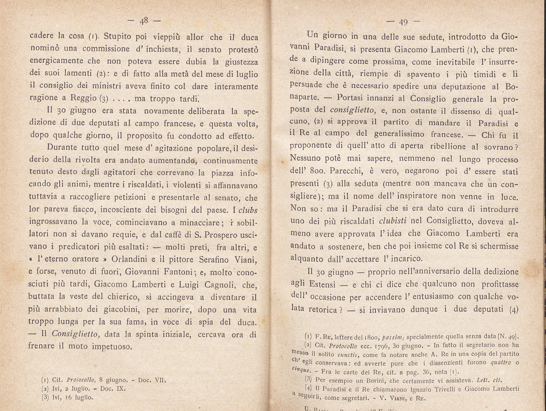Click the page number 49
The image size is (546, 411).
pos(403,22)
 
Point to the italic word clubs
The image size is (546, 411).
pos(248,210)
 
